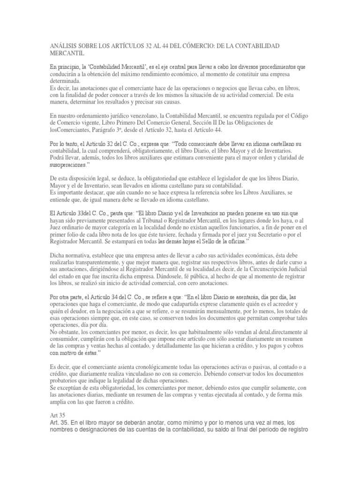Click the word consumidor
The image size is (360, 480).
pos(70,340)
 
